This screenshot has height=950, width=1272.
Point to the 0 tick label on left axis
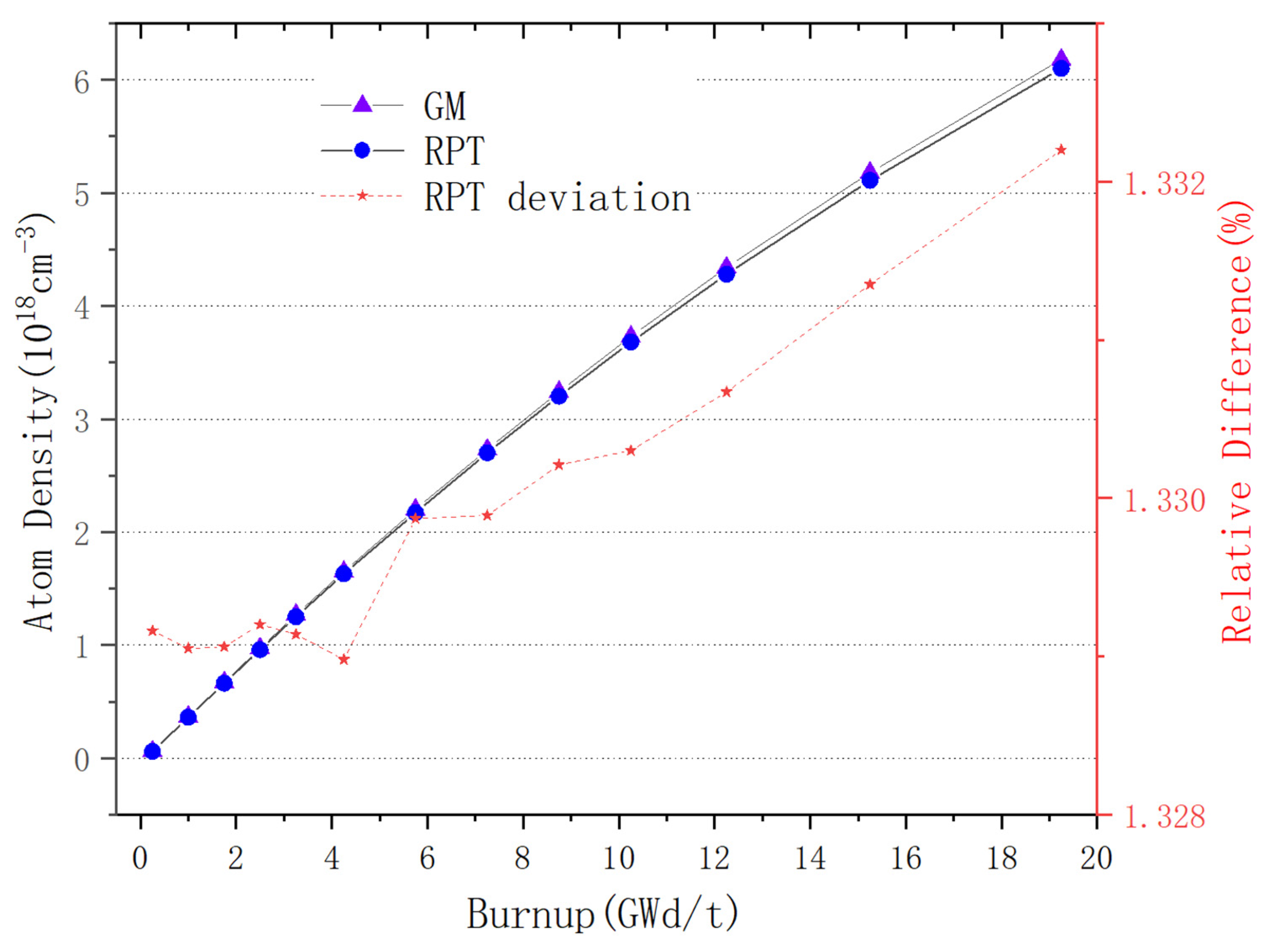point(82,760)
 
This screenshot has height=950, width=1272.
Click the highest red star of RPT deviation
point(1061,150)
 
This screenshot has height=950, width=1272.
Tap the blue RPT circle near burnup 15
point(870,180)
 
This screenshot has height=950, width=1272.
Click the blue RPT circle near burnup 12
point(727,274)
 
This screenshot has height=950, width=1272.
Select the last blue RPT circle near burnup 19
point(1061,68)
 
